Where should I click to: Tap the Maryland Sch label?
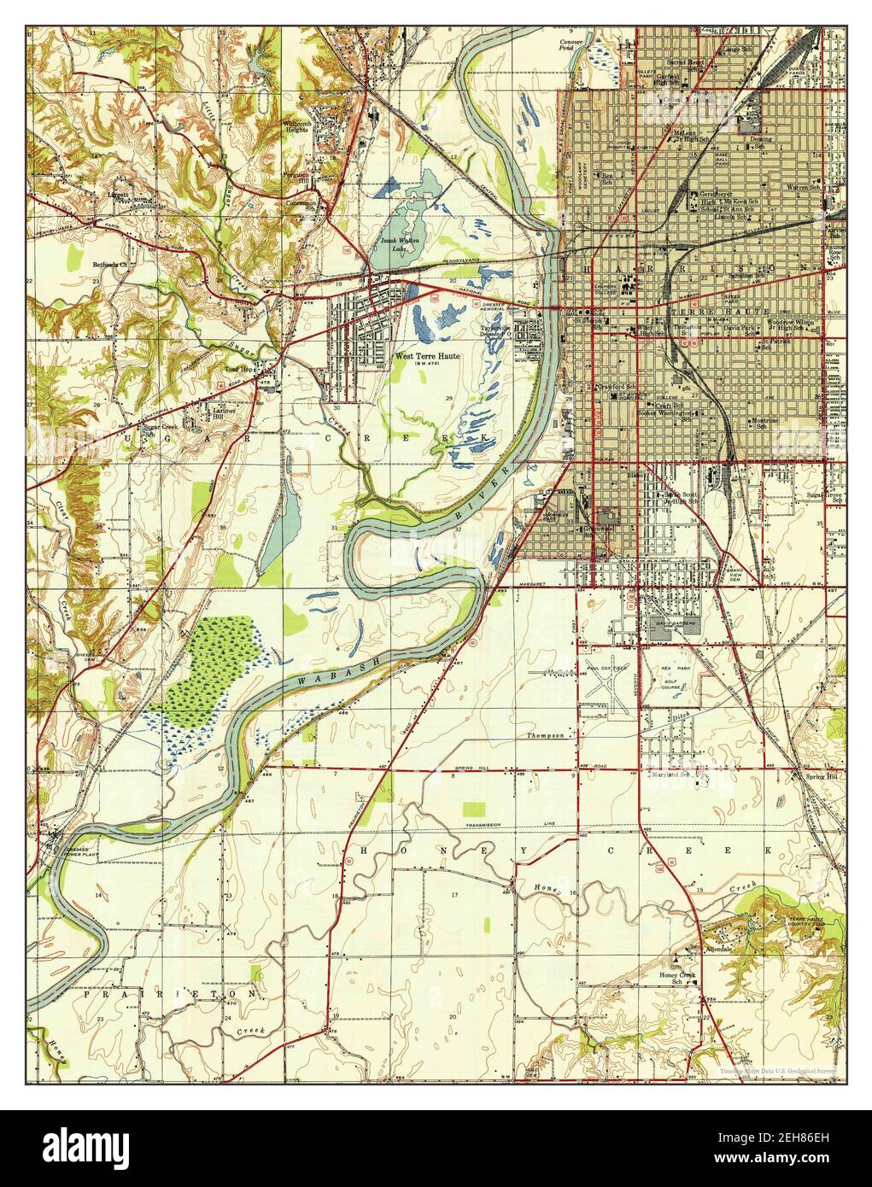coord(670,775)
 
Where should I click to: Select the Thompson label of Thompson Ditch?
coord(545,735)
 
